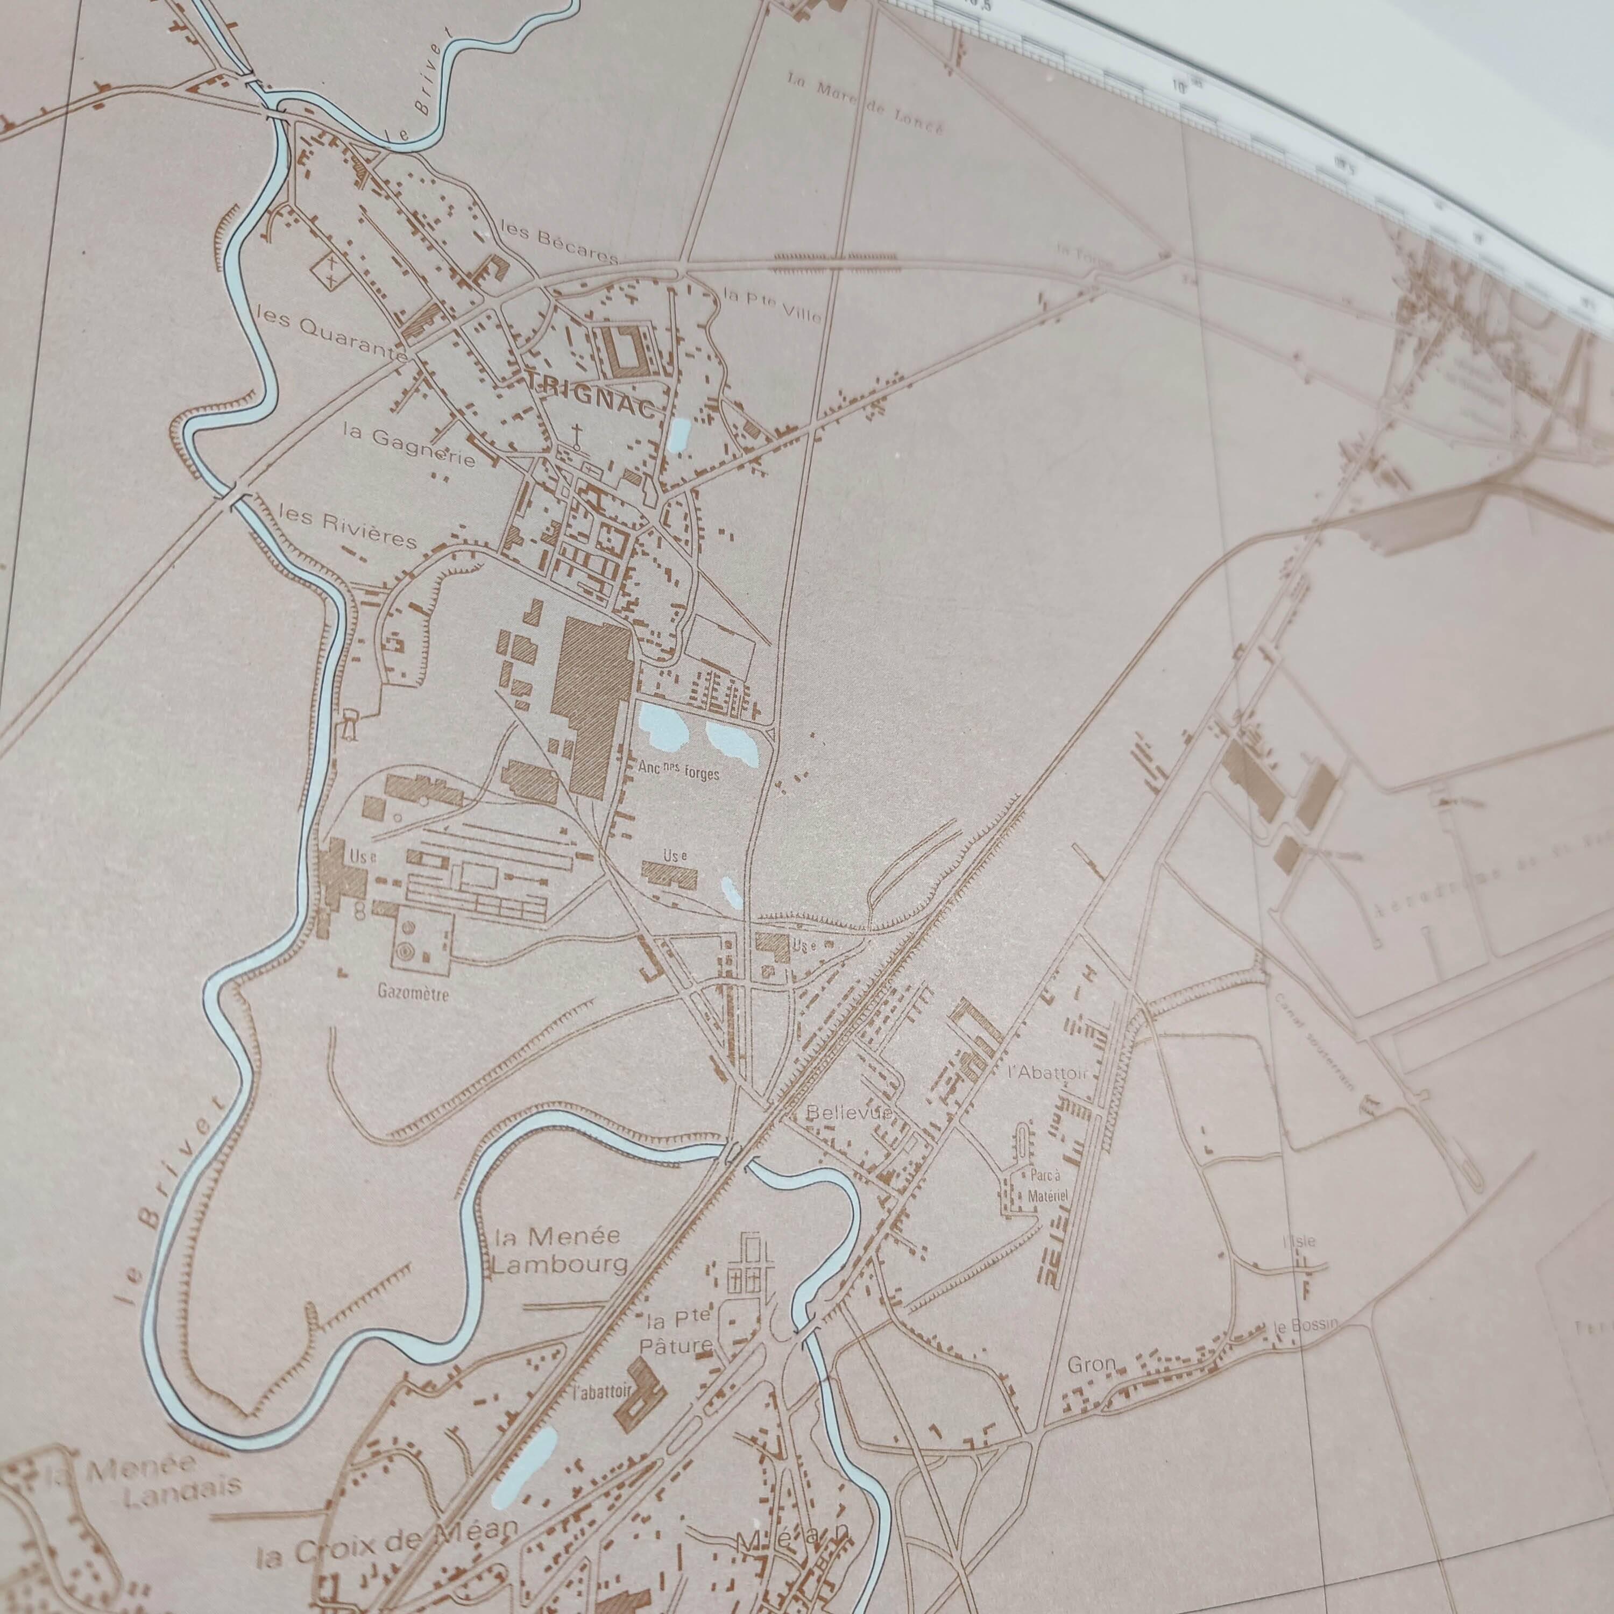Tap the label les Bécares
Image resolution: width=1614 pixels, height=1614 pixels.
coord(558,242)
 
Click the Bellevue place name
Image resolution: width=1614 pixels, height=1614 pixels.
coord(851,1114)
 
